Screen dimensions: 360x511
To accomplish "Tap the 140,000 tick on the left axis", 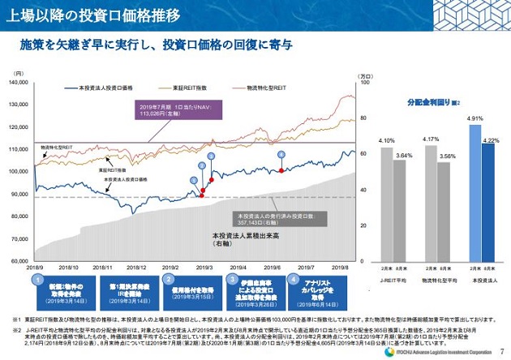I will (18, 83).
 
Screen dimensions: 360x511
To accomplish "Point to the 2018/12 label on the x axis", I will (137, 266).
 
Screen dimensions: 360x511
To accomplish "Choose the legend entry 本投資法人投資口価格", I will (110, 87).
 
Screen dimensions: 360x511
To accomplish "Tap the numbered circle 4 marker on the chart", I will (281, 154).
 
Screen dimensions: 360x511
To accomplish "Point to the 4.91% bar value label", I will (475, 118).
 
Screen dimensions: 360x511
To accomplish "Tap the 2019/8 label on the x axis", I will (341, 266).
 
